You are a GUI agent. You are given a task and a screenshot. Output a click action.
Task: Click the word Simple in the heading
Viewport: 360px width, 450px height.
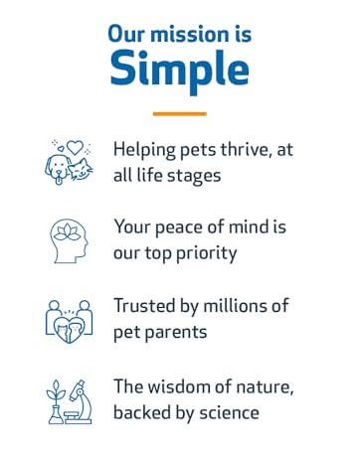pos(179,69)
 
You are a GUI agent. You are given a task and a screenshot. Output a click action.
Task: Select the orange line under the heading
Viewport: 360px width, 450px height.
pos(179,112)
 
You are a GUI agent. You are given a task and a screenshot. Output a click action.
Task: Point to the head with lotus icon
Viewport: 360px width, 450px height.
pos(70,239)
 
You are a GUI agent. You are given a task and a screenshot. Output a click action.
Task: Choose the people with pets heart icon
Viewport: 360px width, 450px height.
pos(70,319)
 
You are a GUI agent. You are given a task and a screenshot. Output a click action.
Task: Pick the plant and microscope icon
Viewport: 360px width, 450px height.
pos(70,399)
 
